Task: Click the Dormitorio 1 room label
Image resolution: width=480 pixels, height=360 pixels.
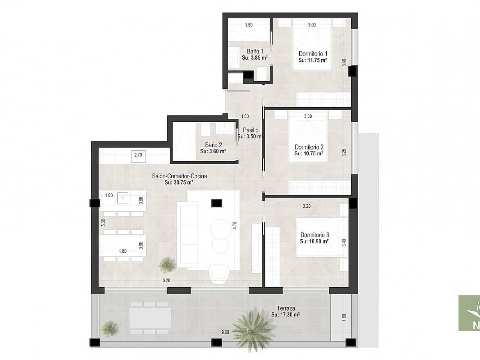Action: click(313, 54)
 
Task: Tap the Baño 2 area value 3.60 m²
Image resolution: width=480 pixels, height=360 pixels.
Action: click(213, 151)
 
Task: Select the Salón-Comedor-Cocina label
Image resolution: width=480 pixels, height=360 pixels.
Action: click(179, 176)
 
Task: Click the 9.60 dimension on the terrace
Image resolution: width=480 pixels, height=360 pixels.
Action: click(225, 332)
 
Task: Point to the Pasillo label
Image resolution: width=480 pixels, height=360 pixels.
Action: click(250, 130)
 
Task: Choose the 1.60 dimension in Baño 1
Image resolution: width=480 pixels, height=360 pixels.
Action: click(249, 25)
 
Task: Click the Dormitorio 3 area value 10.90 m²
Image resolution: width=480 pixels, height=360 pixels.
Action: click(314, 241)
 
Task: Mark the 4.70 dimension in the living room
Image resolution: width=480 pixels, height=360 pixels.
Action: click(235, 225)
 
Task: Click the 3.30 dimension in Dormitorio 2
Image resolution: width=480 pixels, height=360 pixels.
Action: click(307, 116)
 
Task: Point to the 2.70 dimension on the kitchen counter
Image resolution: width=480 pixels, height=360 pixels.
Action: click(138, 154)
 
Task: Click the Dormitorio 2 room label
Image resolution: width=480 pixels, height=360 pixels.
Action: click(309, 147)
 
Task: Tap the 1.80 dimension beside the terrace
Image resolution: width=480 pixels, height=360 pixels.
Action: click(344, 317)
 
